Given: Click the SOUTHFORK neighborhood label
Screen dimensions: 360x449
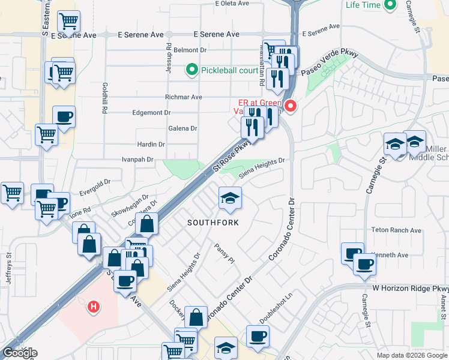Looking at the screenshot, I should coord(213,223).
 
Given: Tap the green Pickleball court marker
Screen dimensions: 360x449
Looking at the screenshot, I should coord(193,70).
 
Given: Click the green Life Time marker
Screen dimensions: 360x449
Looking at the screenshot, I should coord(390,5).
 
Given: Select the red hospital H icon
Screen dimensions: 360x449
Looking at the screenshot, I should coord(93,307).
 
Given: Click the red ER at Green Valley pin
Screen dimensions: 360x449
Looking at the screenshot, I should coord(291,107).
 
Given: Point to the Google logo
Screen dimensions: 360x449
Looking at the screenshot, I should coord(20,353).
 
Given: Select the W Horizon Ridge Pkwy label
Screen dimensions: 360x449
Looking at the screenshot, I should coord(409,289).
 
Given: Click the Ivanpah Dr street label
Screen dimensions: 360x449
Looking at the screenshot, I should coord(137,160).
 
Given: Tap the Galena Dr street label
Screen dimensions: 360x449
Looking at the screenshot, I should coord(185,128).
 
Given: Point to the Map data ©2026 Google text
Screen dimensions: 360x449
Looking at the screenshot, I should coord(411,355).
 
